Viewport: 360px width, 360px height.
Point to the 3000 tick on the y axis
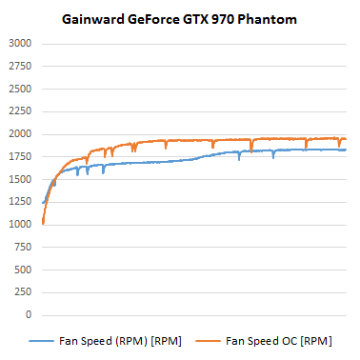20,44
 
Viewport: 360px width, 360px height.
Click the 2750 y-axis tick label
20,67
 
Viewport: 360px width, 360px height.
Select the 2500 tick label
20,90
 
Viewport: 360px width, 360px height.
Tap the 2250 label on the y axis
20,111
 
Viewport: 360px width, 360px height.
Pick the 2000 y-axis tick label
20,134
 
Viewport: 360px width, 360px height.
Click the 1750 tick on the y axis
20,157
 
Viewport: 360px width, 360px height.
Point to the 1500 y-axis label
20,179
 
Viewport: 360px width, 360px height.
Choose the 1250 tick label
20,202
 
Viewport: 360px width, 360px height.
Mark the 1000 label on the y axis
20,225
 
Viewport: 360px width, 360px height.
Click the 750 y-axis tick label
23,247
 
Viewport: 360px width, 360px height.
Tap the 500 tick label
23,270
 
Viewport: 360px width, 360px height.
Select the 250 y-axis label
23,292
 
